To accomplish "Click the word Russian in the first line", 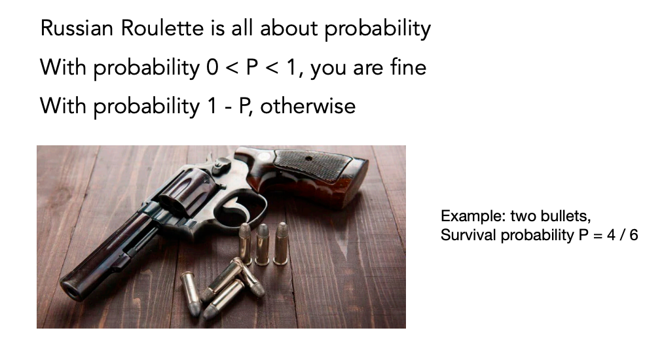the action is [77, 28].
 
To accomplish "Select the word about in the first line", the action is [289, 28].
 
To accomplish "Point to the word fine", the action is [408, 67].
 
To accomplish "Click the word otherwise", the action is [308, 105].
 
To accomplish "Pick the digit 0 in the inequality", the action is [212, 67].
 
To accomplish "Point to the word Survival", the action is [468, 234].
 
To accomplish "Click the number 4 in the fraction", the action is [611, 234].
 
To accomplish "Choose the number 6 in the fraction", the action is [634, 234].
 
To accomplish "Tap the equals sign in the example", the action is [597, 235].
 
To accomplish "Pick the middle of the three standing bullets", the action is [262, 244].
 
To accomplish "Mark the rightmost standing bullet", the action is [281, 243].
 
